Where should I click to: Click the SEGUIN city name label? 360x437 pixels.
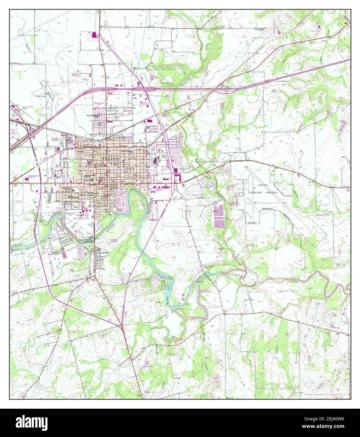click(111, 159)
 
